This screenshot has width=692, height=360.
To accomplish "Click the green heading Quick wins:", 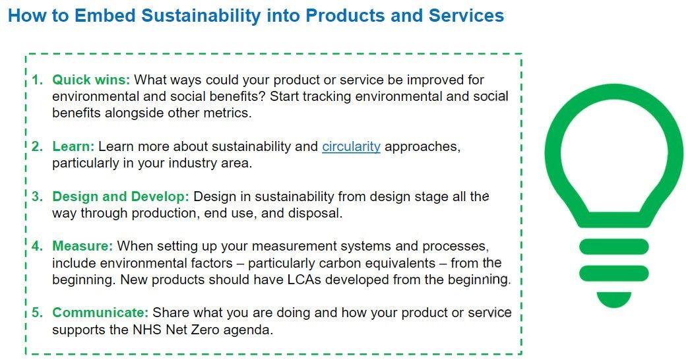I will pos(92,80).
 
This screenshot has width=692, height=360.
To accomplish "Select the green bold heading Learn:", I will pos(74,146).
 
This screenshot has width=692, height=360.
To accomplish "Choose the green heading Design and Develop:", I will pos(121,197).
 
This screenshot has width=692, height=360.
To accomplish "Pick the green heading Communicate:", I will pos(101,313).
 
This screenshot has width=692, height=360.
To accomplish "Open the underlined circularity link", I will pos(351,146).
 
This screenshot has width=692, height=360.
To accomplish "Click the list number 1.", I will pos(38,80).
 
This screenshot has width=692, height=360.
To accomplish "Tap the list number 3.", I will pos(38,197).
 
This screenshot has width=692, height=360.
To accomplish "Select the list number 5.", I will pos(38,313).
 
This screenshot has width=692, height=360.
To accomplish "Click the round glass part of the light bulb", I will pos(613,152).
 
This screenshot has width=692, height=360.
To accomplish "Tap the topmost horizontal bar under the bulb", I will pos(613,247).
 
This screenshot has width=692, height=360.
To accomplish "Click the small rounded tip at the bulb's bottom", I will pos(613,299).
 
